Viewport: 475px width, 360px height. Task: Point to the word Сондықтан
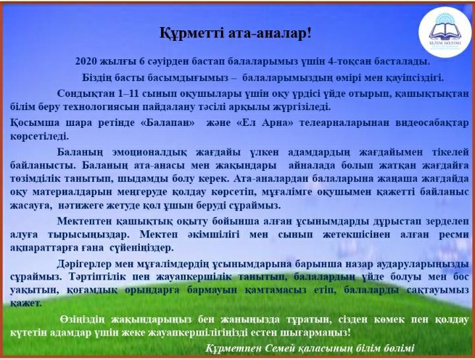(x=82, y=93)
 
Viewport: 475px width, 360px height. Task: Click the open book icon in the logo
(x=445, y=30)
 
